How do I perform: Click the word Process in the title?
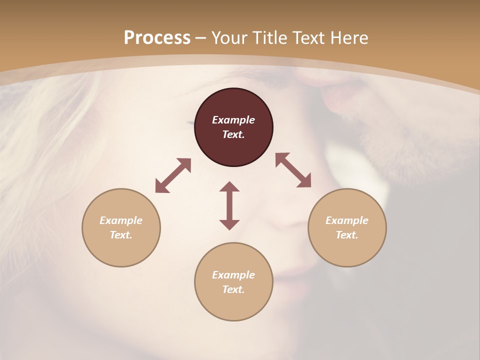tap(157, 38)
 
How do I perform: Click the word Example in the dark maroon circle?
tap(233, 120)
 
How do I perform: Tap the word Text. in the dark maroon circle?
tap(233, 134)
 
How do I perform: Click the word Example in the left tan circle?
tap(121, 220)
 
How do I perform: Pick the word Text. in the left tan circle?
tap(121, 235)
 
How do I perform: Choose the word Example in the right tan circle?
tap(347, 220)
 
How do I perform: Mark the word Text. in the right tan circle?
tap(347, 235)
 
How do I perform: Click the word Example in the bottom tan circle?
tap(233, 275)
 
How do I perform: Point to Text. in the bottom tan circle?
tap(233, 289)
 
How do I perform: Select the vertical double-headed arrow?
tap(229, 205)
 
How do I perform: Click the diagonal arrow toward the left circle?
tap(173, 175)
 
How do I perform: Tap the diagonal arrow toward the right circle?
tap(293, 170)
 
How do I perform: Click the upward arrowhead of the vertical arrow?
tap(229, 186)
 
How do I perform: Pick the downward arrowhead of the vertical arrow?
tap(229, 224)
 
